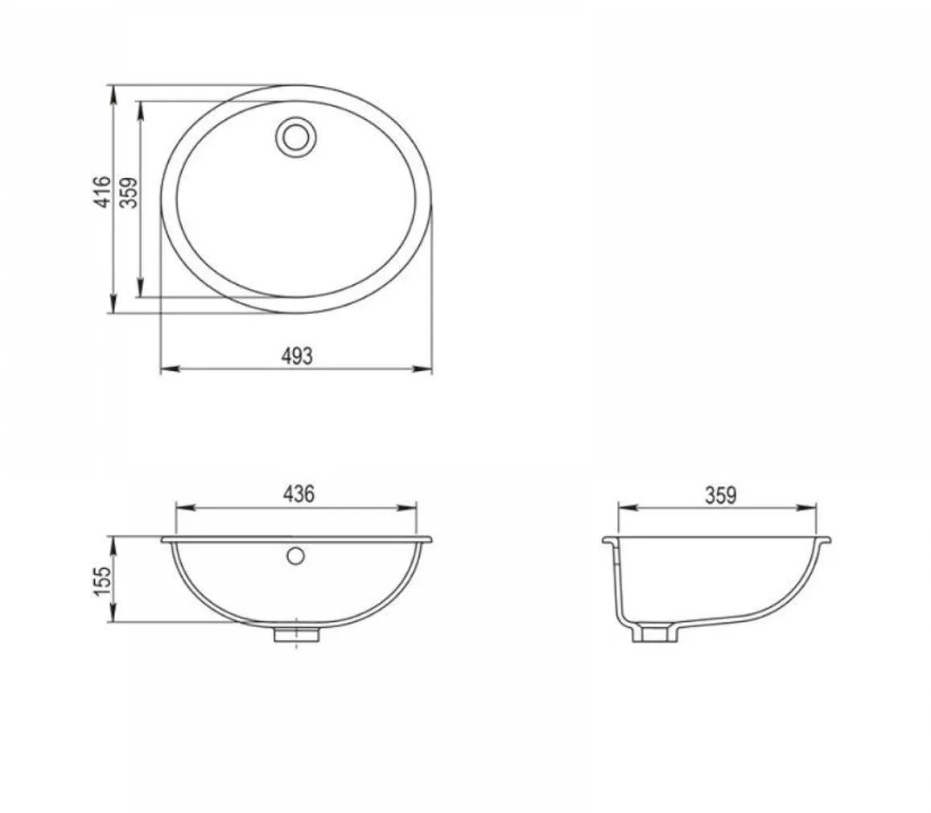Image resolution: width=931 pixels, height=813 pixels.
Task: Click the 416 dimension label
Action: [x=103, y=192]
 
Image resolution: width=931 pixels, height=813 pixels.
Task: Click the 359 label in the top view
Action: [x=129, y=192]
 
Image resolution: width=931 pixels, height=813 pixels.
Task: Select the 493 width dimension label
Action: [x=296, y=357]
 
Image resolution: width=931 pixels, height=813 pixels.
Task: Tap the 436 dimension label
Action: [x=298, y=494]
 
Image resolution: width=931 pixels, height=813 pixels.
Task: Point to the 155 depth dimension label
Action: [x=102, y=581]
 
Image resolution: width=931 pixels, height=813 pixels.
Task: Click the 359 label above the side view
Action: [x=720, y=495]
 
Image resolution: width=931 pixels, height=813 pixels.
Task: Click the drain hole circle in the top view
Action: [x=295, y=137]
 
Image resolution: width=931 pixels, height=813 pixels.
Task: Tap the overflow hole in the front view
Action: [x=295, y=556]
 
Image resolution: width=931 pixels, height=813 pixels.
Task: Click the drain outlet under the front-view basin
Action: [x=296, y=634]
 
